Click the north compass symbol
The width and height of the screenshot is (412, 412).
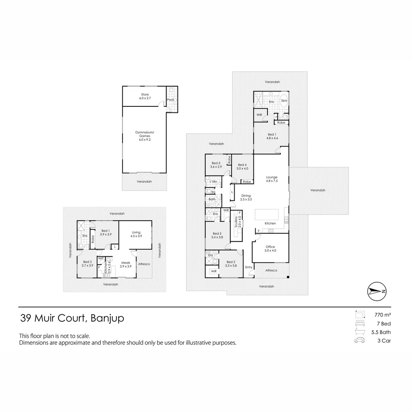click(x=377, y=291)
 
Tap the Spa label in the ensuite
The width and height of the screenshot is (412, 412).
click(x=284, y=101)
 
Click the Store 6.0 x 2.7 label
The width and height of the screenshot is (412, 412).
click(x=144, y=96)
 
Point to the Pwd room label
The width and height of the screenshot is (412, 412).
click(x=171, y=100)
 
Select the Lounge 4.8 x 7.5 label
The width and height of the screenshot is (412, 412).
click(x=272, y=179)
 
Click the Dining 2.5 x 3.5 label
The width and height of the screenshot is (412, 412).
click(x=246, y=198)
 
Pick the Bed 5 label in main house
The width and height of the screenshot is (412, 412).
click(x=217, y=235)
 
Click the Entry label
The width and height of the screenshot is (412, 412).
click(x=249, y=267)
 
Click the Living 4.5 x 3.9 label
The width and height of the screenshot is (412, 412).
click(x=136, y=234)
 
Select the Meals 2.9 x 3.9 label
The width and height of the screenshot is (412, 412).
click(x=126, y=264)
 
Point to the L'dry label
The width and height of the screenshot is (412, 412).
click(x=213, y=182)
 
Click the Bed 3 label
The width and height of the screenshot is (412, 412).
click(x=216, y=165)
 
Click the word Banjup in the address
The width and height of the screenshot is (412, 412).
click(x=107, y=318)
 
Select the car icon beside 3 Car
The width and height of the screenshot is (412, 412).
click(x=359, y=341)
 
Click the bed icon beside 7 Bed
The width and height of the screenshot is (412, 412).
click(x=359, y=323)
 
